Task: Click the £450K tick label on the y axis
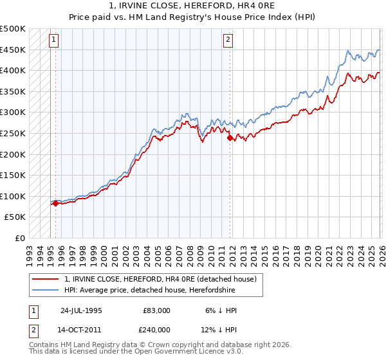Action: pos(13,50)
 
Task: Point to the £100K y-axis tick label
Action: pos(13,196)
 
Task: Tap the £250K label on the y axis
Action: pos(13,133)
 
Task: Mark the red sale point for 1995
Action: pos(55,203)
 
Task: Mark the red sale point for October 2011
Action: pos(228,137)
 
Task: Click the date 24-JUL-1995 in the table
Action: pos(81,310)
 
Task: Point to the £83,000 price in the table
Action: pos(157,310)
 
